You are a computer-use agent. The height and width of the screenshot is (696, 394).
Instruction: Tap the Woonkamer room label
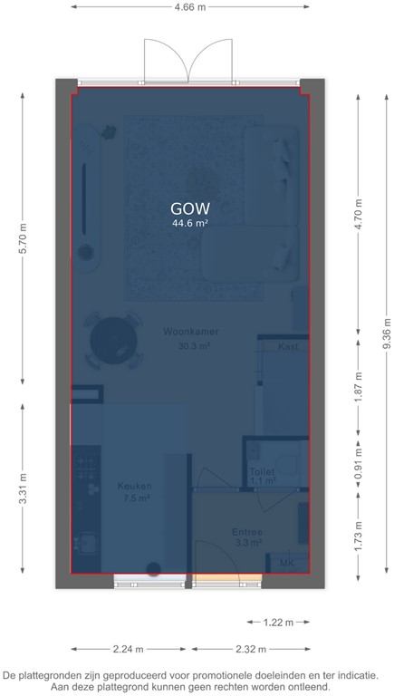[187, 333]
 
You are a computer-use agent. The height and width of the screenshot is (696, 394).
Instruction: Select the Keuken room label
[135, 487]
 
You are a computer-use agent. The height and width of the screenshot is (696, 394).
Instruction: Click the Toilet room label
[262, 472]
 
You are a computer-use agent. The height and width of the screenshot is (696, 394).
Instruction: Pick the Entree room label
[246, 532]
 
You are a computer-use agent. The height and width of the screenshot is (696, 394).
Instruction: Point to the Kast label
[288, 346]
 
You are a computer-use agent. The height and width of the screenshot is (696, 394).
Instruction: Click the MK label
[287, 564]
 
